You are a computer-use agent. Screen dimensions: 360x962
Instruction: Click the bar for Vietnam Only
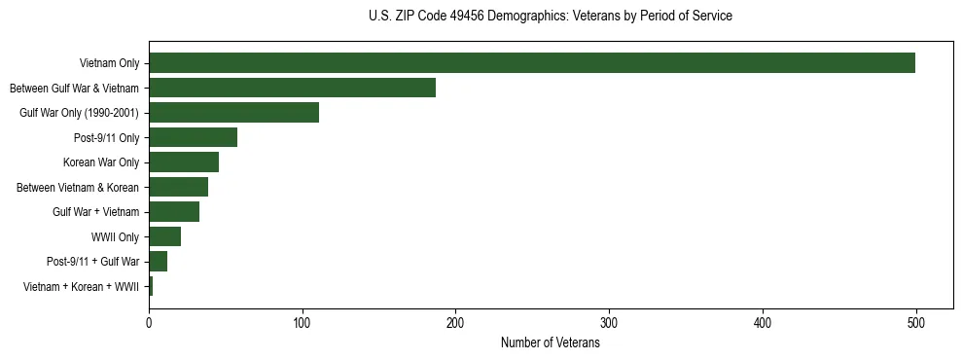click(531, 63)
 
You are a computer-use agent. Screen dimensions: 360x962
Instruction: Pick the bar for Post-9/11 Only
click(193, 137)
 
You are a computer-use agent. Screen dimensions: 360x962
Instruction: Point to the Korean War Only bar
click(184, 162)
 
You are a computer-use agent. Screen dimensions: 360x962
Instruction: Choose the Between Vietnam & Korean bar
click(178, 187)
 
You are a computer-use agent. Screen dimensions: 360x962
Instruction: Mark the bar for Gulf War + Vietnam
click(174, 212)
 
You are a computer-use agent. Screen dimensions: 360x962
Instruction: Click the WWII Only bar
click(164, 236)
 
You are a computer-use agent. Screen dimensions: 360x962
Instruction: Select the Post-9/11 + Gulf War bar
click(158, 262)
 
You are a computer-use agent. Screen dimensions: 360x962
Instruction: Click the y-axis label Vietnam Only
click(109, 64)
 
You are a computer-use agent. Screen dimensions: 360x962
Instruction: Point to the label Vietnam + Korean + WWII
click(81, 287)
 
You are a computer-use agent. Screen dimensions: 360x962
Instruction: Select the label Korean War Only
click(101, 162)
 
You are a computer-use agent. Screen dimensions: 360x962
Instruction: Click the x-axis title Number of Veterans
click(550, 343)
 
